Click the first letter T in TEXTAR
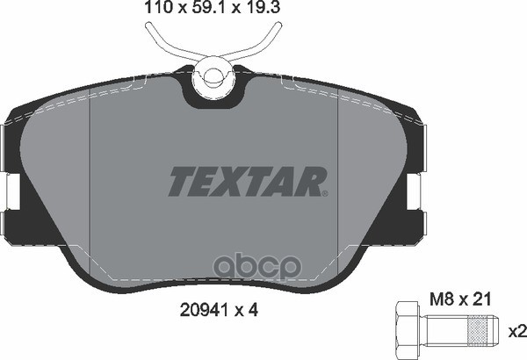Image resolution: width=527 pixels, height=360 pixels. [x=181, y=183]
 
